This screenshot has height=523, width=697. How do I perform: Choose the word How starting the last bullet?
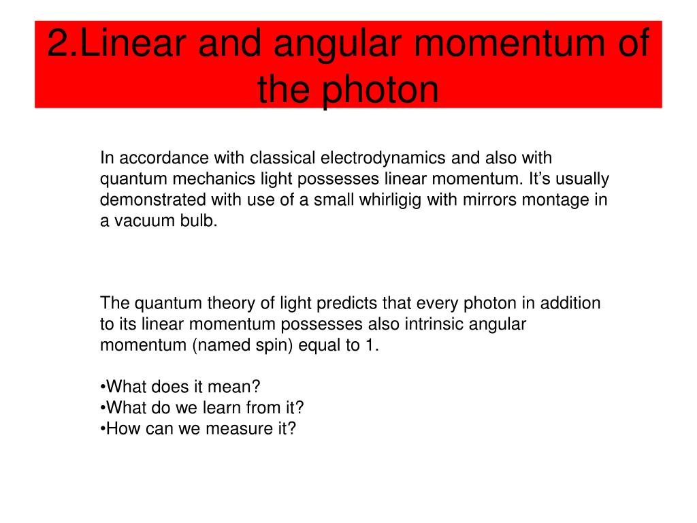[x=123, y=429]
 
